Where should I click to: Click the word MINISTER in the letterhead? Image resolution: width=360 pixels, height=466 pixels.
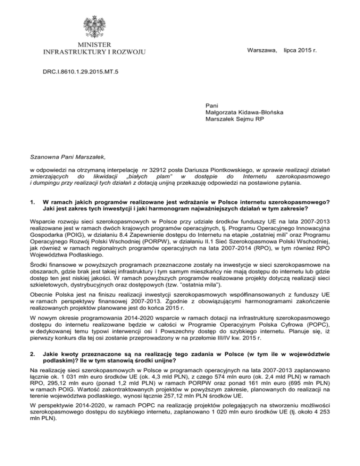[94, 44]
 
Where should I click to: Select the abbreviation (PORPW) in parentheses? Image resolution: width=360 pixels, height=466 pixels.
[140, 227]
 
